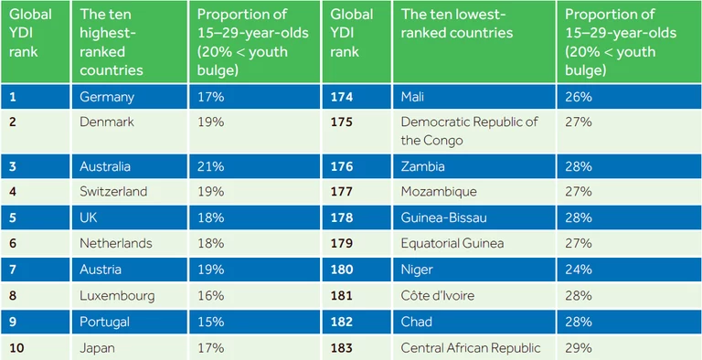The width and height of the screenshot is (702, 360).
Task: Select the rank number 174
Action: tap(342, 97)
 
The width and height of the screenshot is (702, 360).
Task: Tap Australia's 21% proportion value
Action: tap(210, 166)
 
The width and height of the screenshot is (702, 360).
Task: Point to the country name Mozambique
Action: tap(439, 192)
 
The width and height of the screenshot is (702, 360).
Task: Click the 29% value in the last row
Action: tap(579, 347)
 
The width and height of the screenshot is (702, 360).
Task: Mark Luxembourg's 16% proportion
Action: tap(210, 295)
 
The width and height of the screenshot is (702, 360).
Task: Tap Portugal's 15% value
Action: tap(210, 322)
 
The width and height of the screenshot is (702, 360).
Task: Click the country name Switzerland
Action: tap(113, 192)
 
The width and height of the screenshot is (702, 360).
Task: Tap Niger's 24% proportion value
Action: tap(579, 270)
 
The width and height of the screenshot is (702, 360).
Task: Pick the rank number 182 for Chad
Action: tap(342, 322)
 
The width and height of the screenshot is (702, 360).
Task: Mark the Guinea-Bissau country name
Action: tap(443, 217)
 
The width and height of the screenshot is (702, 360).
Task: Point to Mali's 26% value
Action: tap(579, 97)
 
